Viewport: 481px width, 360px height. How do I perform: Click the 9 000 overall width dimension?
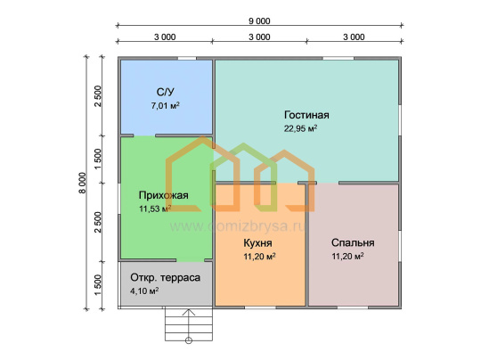259,20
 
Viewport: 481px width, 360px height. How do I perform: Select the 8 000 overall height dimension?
82,183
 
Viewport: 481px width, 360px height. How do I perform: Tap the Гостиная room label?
306,115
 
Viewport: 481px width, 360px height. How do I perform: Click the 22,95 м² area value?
300,128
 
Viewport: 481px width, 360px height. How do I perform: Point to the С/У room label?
166,92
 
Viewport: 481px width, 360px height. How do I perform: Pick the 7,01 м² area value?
165,106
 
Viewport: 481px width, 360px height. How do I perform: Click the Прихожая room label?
164,195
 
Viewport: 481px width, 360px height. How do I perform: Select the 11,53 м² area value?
155,209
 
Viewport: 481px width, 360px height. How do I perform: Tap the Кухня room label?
257,242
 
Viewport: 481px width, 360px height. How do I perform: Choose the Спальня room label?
353,242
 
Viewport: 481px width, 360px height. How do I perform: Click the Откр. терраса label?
165,277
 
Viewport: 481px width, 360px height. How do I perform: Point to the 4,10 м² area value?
144,290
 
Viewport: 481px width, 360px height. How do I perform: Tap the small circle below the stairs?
189,340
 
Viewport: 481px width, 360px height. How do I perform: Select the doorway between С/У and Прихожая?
144,135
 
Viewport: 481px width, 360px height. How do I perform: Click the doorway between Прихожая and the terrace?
191,260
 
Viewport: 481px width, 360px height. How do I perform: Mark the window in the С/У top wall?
187,58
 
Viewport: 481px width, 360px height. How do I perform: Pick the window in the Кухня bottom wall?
260,307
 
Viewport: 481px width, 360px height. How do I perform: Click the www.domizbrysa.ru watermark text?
238,226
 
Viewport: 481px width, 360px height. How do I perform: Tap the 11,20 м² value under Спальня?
347,257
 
